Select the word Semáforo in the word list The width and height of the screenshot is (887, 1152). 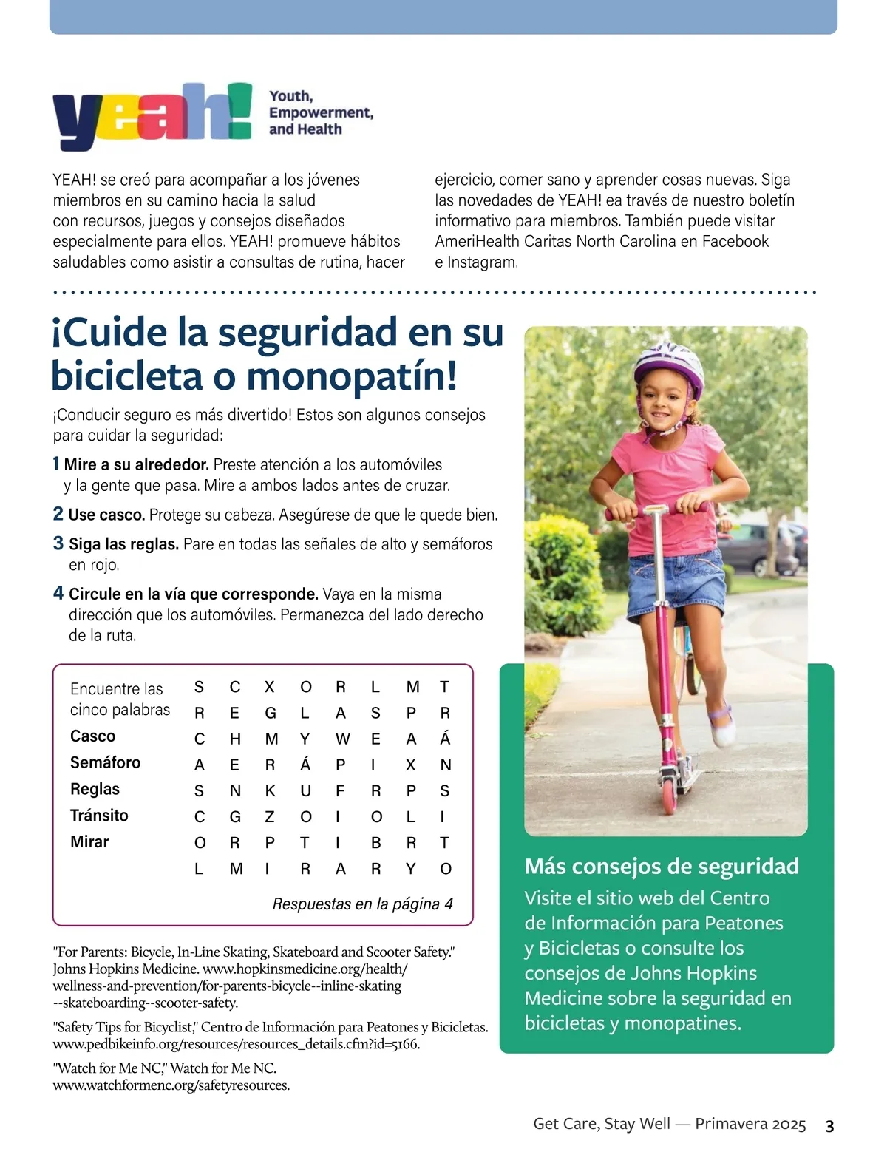pos(105,762)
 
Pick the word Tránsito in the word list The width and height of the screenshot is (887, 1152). pos(99,816)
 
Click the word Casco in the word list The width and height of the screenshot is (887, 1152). pos(92,736)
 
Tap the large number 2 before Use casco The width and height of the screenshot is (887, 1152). pos(58,514)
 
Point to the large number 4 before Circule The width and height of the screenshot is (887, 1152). pos(58,594)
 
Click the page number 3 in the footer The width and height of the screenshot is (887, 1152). pos(829,1126)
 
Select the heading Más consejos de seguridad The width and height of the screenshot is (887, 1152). pos(662,866)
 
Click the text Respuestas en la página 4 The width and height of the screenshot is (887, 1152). pos(362,904)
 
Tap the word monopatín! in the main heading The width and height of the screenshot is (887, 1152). pos(352,376)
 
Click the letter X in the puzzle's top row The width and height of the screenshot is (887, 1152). pos(270,687)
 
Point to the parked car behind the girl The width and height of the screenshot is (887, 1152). pos(761,547)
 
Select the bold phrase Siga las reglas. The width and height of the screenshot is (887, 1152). pos(123,544)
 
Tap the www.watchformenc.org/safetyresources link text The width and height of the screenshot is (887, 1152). pos(171,1085)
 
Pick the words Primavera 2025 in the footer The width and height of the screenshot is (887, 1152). pos(750,1125)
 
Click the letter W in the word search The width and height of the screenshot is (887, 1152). pos(341,739)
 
